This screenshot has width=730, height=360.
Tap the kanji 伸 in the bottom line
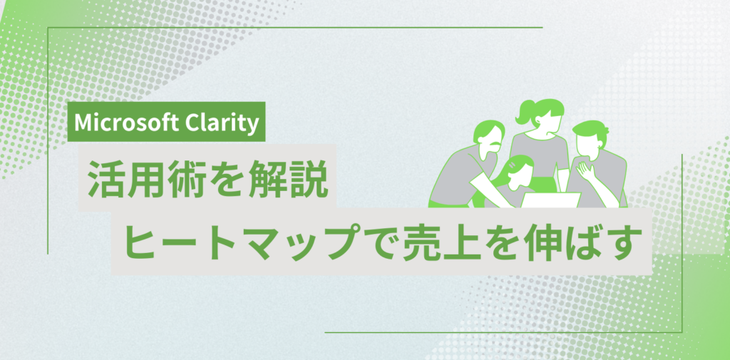pos(540,244)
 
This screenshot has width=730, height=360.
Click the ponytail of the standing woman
pos(524,111)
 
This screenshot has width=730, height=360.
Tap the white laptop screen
pos(551,200)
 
